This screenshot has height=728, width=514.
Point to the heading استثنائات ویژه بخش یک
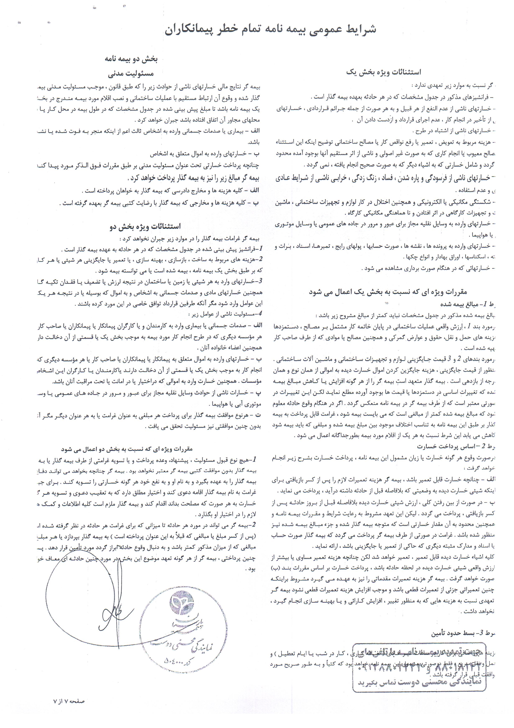383,72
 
